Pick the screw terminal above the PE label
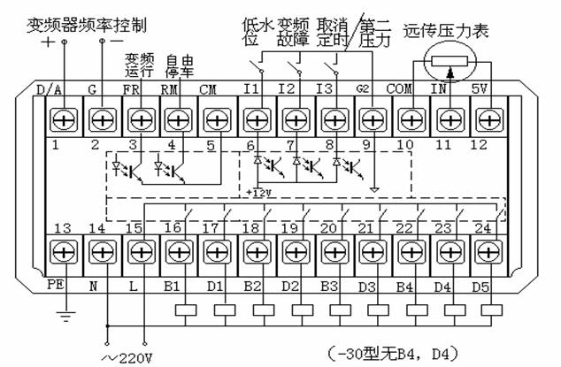(x=61, y=253)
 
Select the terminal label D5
(x=488, y=287)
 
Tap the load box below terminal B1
(x=185, y=310)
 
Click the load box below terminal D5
(x=488, y=310)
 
